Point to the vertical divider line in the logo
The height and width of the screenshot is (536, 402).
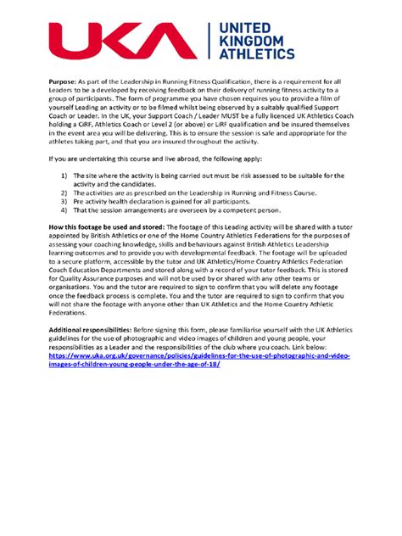209,42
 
